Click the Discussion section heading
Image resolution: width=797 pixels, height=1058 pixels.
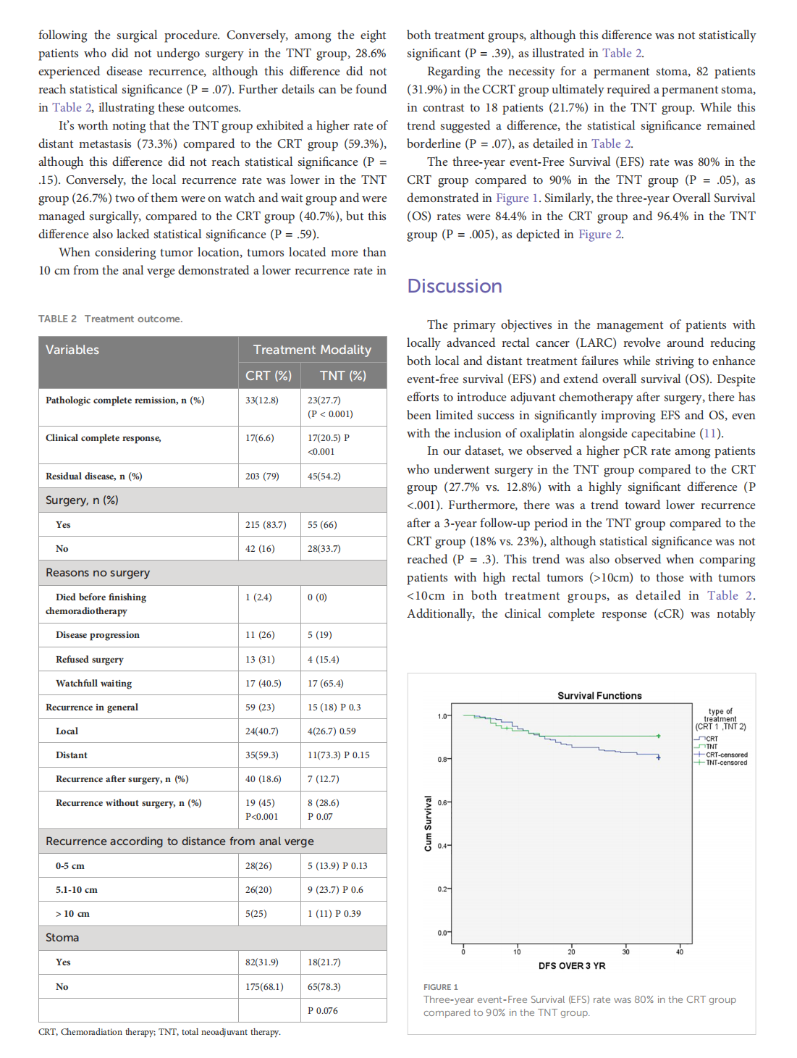tap(455, 286)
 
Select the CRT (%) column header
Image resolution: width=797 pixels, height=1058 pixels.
tap(269, 376)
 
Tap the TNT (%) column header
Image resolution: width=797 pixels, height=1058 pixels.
tap(343, 376)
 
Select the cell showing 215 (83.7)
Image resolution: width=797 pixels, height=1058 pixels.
tap(266, 525)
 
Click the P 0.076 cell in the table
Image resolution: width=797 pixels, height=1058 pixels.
tap(323, 1011)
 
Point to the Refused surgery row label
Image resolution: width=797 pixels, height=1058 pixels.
tap(90, 660)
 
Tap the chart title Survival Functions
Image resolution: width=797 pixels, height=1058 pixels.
tap(599, 696)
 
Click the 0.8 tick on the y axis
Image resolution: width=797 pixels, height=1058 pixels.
tap(442, 760)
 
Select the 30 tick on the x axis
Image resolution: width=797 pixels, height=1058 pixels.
tap(625, 952)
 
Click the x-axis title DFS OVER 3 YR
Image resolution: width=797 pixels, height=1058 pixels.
tap(572, 966)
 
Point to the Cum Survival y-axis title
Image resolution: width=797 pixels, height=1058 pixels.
tap(428, 823)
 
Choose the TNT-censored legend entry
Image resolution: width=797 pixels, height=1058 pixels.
tap(726, 763)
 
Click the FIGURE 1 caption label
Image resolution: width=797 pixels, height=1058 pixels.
tap(441, 987)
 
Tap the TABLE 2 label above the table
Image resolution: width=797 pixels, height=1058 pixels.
tap(57, 319)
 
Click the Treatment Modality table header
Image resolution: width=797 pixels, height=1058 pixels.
tap(312, 350)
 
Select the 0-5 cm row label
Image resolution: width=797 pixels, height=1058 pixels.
tap(70, 866)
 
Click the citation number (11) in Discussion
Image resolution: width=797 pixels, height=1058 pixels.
tap(711, 434)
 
